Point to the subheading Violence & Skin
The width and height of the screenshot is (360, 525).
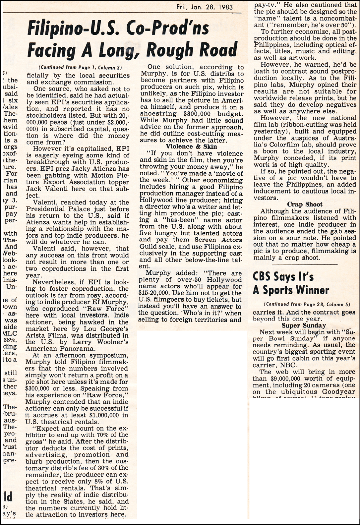[x=191, y=146]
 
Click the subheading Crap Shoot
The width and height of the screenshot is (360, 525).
[x=305, y=204]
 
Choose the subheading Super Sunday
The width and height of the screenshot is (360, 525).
[x=304, y=325]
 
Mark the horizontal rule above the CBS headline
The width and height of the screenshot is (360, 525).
[x=304, y=264]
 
